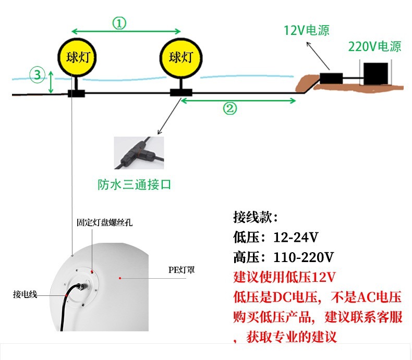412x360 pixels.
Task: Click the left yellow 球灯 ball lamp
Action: click(77, 57)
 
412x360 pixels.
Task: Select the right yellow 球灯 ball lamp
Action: click(180, 57)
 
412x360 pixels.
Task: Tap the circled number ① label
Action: click(119, 23)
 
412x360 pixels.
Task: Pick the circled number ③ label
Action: click(37, 75)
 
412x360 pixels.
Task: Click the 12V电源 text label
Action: click(306, 30)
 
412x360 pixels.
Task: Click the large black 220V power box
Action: click(376, 73)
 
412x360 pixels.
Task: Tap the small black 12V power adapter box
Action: click(331, 79)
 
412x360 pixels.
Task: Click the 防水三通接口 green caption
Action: click(135, 184)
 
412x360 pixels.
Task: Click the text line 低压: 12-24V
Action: click(276, 238)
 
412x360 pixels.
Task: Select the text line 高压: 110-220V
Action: click(284, 257)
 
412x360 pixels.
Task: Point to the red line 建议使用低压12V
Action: click(284, 276)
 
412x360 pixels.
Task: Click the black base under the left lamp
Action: click(76, 94)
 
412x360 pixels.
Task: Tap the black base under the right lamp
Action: click(181, 93)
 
